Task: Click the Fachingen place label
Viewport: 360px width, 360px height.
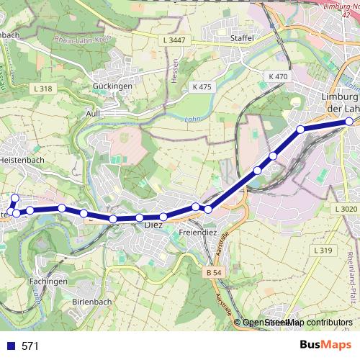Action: coord(49,281)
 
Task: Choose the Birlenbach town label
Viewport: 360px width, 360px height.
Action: coord(93,301)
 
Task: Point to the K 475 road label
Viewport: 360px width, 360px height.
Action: coord(202,86)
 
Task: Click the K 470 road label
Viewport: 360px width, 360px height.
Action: coord(277,76)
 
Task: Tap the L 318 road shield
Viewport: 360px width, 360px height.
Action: coord(43,89)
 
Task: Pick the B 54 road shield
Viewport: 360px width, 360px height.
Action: coord(211,273)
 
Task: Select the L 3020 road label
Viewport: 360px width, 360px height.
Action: coord(346,209)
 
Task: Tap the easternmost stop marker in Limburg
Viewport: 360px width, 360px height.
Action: coord(349,122)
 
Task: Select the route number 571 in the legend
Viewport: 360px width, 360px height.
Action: coord(30,346)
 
